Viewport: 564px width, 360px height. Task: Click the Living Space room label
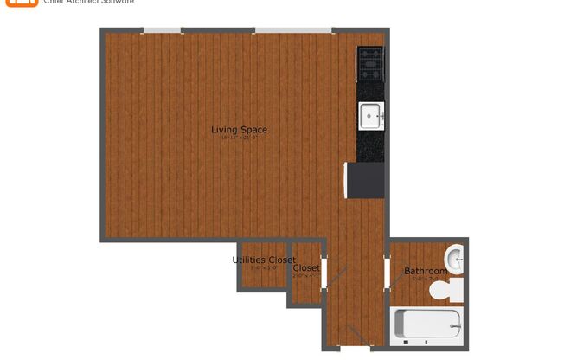[239, 130]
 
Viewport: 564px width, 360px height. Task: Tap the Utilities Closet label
[264, 260]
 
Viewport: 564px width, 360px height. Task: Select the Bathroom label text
[426, 271]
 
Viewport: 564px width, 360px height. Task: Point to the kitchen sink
[371, 113]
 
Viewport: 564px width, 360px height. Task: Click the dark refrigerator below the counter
[365, 181]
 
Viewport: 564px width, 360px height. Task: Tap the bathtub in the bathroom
[428, 325]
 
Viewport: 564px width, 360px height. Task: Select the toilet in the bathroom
[452, 290]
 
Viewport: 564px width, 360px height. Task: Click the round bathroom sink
[456, 258]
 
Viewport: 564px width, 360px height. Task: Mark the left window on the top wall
[163, 30]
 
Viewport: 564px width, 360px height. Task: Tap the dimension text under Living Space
[239, 138]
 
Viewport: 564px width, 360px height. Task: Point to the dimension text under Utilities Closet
[263, 267]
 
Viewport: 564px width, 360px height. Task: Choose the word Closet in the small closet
[306, 267]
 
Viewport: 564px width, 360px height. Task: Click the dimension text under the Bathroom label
[426, 279]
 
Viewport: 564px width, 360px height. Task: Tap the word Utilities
[250, 260]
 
